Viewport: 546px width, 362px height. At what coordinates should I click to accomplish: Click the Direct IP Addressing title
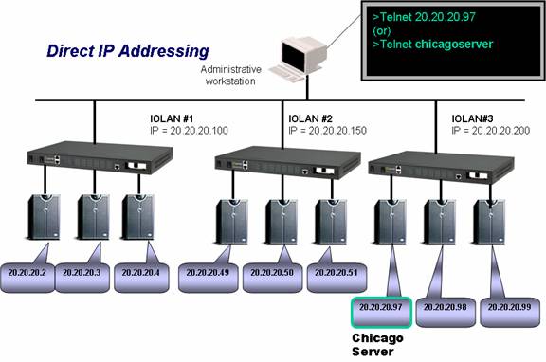(128, 51)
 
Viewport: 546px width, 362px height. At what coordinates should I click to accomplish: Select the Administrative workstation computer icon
(299, 59)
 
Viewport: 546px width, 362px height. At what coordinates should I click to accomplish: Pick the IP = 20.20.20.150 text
(327, 131)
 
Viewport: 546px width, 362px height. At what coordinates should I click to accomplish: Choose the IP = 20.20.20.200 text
(491, 131)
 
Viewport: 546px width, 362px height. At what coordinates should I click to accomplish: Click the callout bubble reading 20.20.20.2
(27, 278)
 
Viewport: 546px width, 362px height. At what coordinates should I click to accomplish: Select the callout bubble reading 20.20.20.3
(82, 278)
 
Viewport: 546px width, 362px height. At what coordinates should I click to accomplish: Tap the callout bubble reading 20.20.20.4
(141, 278)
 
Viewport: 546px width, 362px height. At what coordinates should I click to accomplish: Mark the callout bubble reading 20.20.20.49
(209, 278)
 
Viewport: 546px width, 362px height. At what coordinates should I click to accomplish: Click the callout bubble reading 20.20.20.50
(272, 278)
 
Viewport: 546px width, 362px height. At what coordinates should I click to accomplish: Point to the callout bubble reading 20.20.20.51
(337, 278)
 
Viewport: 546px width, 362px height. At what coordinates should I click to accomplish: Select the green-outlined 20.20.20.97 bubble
(382, 312)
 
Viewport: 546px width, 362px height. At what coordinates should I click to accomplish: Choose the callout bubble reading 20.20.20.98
(446, 312)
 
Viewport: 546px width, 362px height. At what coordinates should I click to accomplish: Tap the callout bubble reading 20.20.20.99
(510, 312)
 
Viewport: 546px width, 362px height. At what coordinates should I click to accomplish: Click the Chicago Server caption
(377, 345)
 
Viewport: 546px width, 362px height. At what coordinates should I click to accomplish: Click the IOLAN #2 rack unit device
(287, 162)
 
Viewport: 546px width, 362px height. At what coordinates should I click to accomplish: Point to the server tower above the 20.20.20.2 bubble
(45, 217)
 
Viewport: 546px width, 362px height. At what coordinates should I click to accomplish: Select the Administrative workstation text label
(230, 75)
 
